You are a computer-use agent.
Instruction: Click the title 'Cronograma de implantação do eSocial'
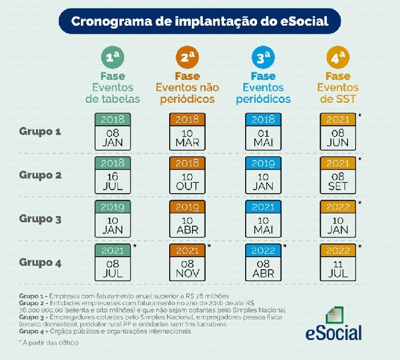tap(199, 22)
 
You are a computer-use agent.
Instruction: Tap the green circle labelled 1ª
tap(113, 57)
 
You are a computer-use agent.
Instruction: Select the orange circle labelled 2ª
tap(187, 57)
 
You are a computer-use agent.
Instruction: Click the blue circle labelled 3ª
tap(263, 57)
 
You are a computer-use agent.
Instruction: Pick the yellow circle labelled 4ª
tap(338, 57)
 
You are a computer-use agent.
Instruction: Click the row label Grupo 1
tap(41, 131)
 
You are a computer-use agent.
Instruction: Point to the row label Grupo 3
tap(41, 218)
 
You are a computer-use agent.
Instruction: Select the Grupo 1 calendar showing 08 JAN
tap(113, 131)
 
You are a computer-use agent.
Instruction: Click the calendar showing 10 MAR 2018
tap(187, 131)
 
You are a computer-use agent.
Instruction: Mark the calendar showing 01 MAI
tap(263, 131)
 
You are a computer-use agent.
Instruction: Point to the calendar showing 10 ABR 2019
tap(187, 218)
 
